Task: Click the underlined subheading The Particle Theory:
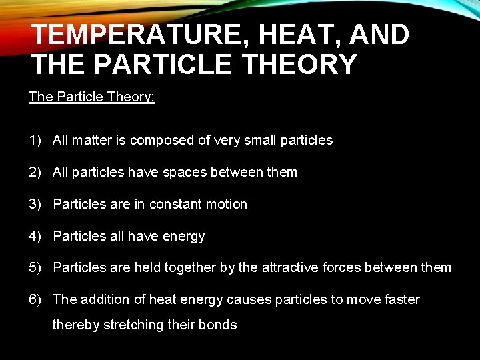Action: (92, 97)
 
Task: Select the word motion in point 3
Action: (227, 204)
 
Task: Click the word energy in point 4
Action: (185, 237)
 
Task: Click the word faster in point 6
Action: (401, 299)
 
